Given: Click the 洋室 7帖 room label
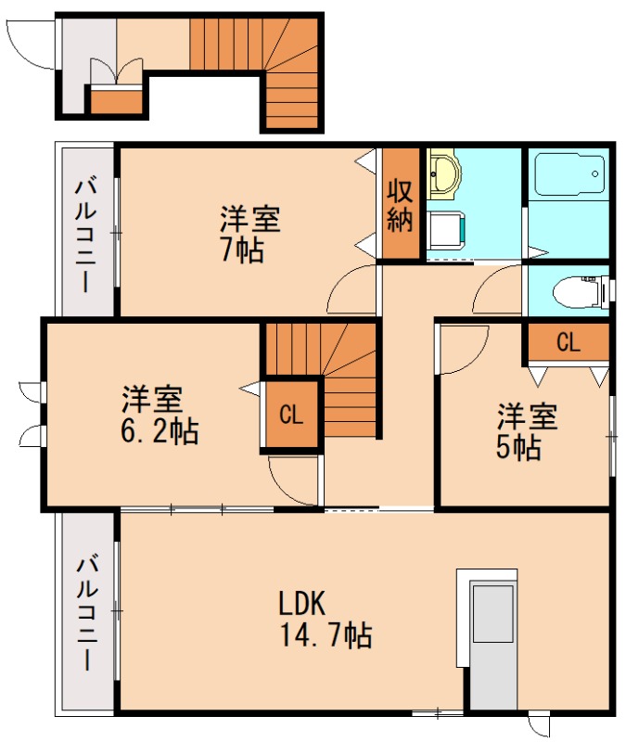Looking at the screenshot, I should [249, 235].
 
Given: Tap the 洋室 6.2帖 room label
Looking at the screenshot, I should [159, 416].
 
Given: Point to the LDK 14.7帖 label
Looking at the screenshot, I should [325, 619].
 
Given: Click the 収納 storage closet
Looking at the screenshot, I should [401, 206].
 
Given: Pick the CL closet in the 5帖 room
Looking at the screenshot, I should [568, 342].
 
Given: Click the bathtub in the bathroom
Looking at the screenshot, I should [568, 174].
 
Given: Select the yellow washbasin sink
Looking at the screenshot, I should [444, 174].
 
